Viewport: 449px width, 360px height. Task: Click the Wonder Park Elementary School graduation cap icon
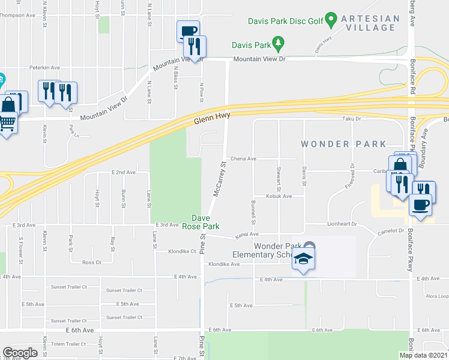pos(304,259)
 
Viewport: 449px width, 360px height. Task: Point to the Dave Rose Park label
pos(205,222)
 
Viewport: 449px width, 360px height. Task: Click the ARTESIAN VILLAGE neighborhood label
pos(370,23)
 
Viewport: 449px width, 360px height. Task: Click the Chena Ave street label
pos(244,159)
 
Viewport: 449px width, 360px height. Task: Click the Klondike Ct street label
pos(182,251)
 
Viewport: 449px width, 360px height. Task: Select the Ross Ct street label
pos(92,262)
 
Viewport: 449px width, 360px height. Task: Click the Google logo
pos(20,352)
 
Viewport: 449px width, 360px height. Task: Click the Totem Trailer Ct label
pos(69,344)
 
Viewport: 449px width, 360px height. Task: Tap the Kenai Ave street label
pos(246,234)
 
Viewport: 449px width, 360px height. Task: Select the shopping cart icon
pos(7,124)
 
